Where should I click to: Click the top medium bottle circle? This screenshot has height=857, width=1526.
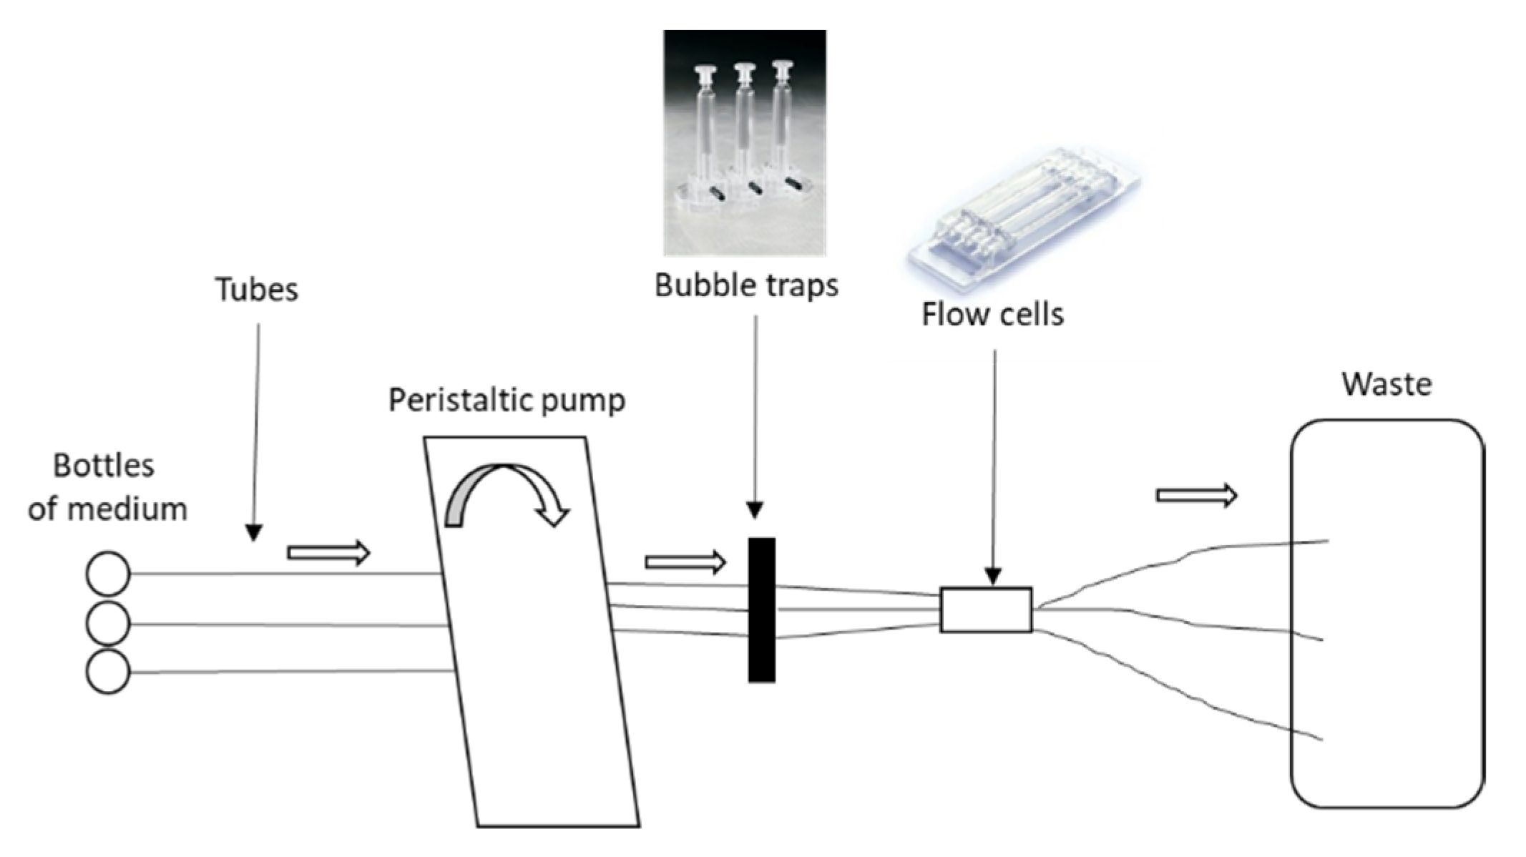pos(108,574)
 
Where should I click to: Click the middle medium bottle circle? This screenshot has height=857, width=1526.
pos(108,624)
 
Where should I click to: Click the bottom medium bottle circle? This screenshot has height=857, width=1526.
pos(108,672)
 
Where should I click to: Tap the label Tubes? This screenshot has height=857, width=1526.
pos(256,290)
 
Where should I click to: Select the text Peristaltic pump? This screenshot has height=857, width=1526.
pos(507,399)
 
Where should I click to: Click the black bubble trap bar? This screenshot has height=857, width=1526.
pos(761,609)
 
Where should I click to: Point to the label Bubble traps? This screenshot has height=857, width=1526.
pos(746,285)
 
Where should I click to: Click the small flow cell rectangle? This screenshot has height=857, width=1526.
pos(985,609)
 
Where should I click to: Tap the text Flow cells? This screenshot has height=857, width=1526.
pos(992,314)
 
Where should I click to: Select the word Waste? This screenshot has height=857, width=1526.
pos(1386,384)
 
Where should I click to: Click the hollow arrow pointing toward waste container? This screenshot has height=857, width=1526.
pos(1196,495)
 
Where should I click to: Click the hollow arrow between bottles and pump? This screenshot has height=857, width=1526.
pos(328,552)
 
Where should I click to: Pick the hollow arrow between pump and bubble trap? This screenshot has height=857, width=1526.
pos(685,562)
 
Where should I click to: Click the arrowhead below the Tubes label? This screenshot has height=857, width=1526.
pos(253,532)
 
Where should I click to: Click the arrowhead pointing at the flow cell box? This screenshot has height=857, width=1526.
pos(992,576)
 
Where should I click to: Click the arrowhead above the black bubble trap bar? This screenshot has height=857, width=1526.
pos(755,509)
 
